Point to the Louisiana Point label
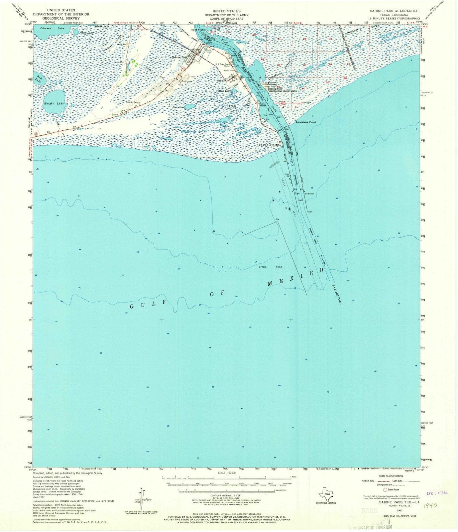click(306, 122)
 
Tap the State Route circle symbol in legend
click(385, 489)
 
